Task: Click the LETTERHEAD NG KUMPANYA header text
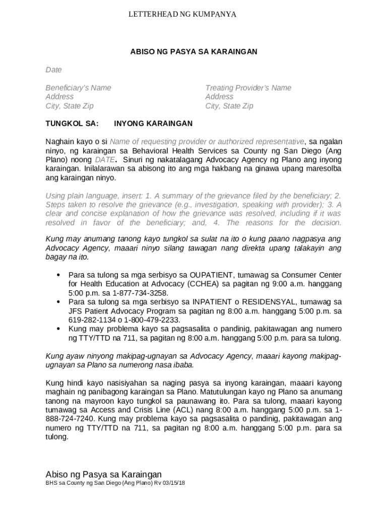pyautogui.click(x=182, y=15)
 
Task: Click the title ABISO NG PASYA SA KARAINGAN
pyautogui.click(x=194, y=51)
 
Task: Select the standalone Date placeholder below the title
pyautogui.click(x=53, y=70)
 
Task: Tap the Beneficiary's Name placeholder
pyautogui.click(x=78, y=88)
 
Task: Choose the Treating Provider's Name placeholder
pyautogui.click(x=248, y=88)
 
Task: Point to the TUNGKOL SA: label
pyautogui.click(x=72, y=123)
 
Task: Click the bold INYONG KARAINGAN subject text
pyautogui.click(x=153, y=123)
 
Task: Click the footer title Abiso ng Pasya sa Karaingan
pyautogui.click(x=103, y=474)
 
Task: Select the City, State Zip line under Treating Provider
pyautogui.click(x=229, y=106)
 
